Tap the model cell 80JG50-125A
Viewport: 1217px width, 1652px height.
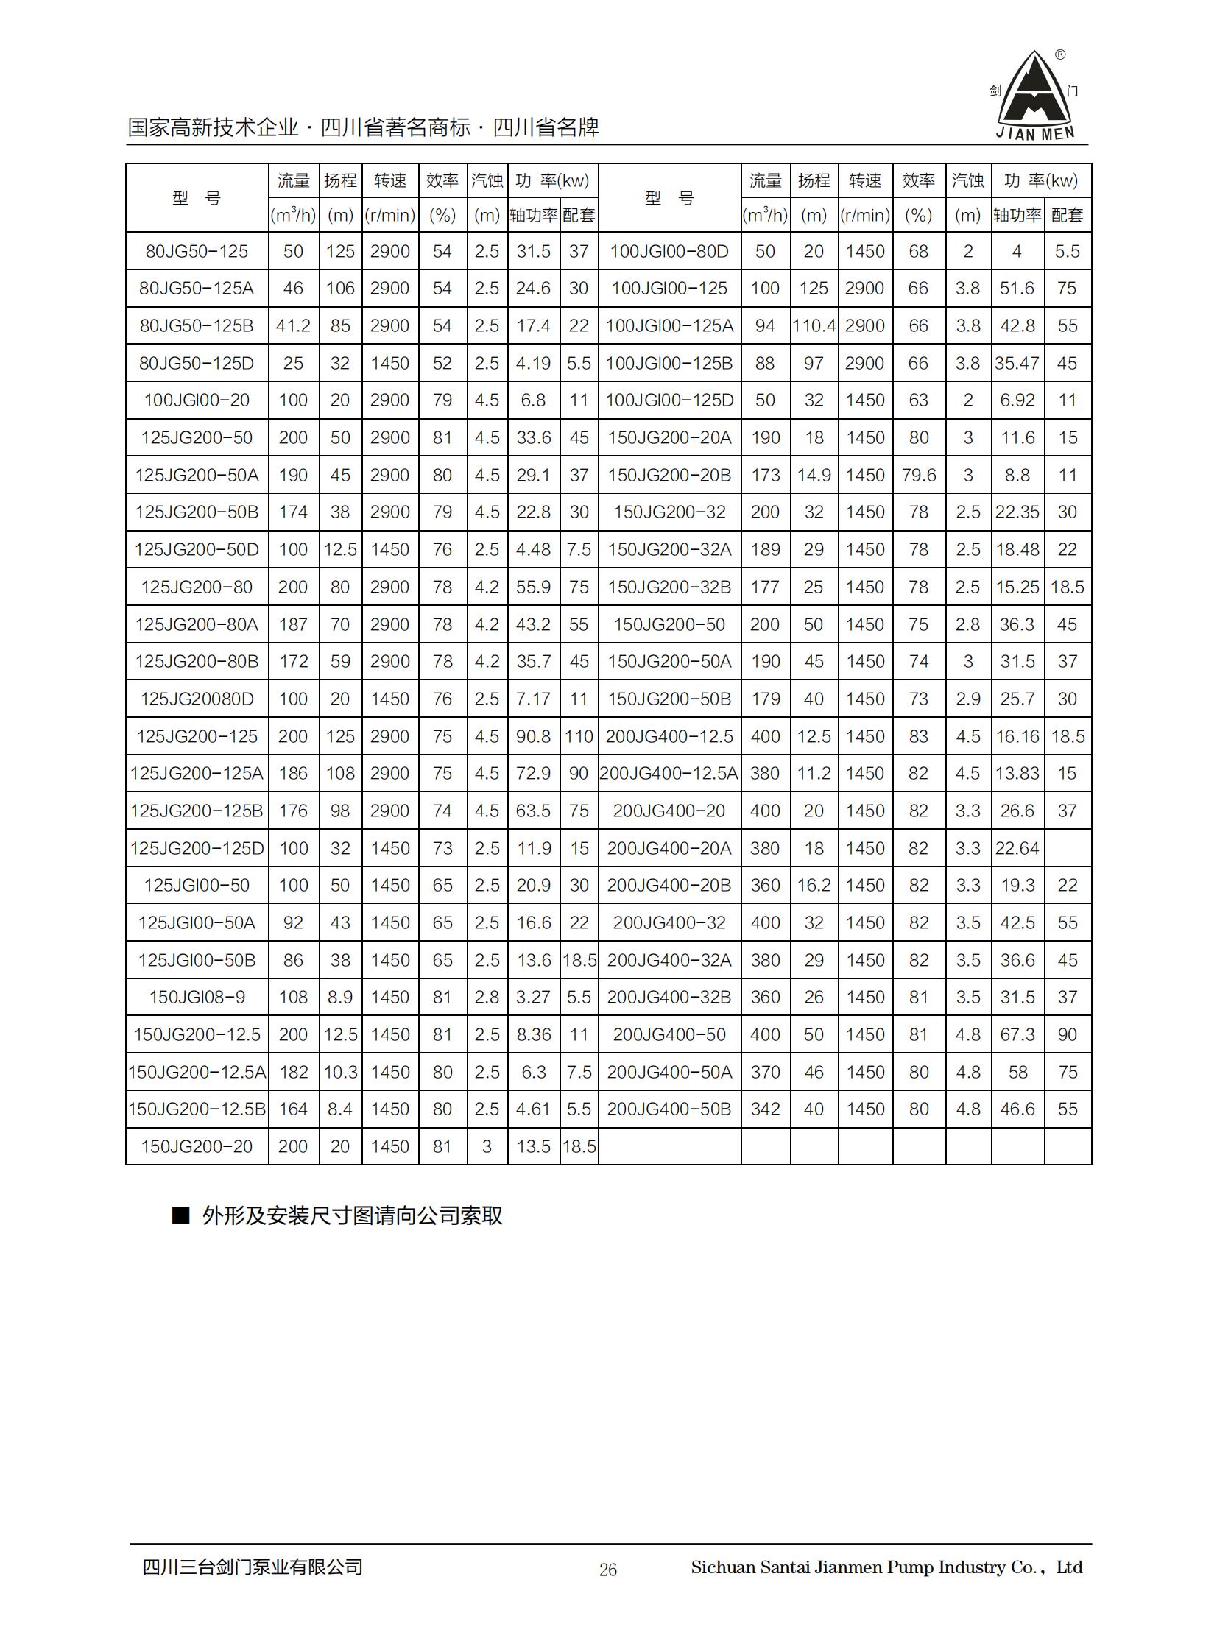click(196, 288)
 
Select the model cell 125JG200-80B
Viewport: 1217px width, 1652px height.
click(197, 661)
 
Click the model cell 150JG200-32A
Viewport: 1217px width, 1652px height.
click(669, 549)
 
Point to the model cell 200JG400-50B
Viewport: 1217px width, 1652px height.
click(669, 1109)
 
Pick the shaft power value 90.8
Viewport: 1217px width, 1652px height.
click(533, 736)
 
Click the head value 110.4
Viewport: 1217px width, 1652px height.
click(814, 325)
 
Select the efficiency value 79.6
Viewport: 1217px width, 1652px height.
click(919, 475)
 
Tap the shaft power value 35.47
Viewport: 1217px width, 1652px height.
click(1017, 363)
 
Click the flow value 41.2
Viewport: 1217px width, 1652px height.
click(293, 325)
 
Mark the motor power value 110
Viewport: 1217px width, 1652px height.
click(579, 736)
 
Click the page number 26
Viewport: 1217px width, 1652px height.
click(607, 1570)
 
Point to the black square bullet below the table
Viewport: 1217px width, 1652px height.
click(180, 1215)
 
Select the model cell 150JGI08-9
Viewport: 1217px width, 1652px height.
click(197, 998)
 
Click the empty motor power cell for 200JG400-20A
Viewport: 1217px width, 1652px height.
click(1068, 849)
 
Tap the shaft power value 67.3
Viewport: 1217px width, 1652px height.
click(1017, 1035)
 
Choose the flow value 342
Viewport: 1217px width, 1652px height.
click(765, 1109)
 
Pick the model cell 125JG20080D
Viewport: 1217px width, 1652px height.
click(197, 699)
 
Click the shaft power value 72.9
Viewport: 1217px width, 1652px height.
click(533, 773)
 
